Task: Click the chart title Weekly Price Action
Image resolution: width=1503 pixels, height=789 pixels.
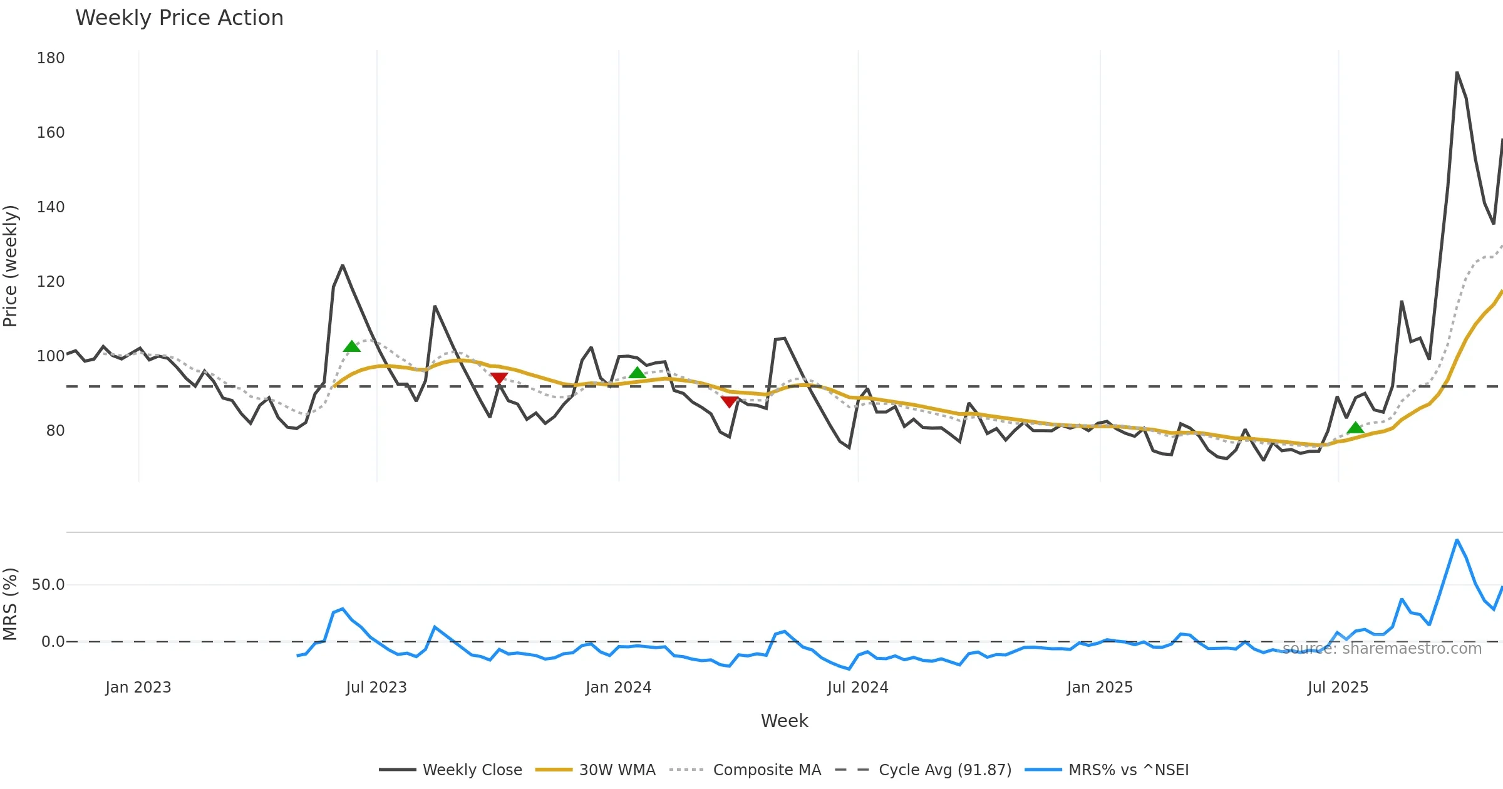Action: [x=179, y=18]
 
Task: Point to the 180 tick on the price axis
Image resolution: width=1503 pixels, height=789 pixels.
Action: [x=51, y=58]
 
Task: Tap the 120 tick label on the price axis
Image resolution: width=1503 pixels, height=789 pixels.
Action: [x=51, y=282]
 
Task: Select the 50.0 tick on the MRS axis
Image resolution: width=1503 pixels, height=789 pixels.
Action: [x=48, y=585]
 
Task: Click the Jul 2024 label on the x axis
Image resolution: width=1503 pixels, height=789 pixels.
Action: [x=857, y=688]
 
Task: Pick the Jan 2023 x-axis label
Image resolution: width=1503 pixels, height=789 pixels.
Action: [x=138, y=688]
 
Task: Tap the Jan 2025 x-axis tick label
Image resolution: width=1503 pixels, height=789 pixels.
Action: [x=1100, y=688]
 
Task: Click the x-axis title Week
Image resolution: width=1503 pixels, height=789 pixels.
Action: [x=784, y=721]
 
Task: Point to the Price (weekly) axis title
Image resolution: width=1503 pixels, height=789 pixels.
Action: [x=11, y=266]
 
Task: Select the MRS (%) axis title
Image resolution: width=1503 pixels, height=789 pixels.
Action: [x=11, y=604]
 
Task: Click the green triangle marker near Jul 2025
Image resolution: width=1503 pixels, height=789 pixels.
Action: [x=1355, y=428]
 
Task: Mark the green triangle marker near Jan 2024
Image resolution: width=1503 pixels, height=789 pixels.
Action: [x=637, y=373]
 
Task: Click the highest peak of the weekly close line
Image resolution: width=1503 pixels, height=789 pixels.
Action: [x=1457, y=73]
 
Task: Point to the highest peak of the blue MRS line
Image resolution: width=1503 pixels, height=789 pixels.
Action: [x=1457, y=540]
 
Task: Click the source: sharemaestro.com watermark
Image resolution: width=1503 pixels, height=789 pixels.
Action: [x=1382, y=648]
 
